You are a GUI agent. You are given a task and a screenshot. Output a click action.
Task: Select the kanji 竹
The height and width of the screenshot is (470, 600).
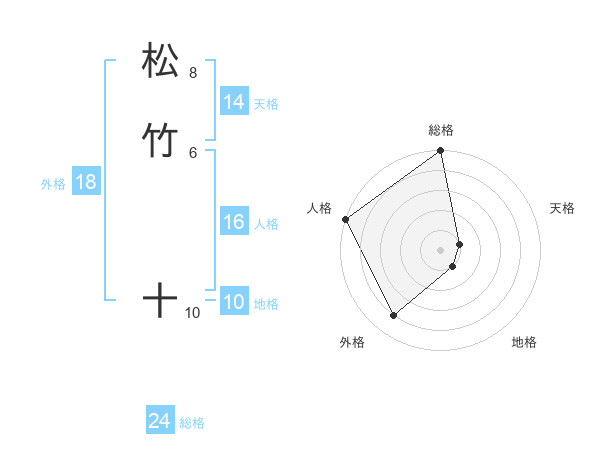160,138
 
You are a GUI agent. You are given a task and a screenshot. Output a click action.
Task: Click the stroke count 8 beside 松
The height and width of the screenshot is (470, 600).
193,72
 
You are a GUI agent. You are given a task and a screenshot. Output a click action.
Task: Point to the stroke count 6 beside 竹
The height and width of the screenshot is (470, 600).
193,152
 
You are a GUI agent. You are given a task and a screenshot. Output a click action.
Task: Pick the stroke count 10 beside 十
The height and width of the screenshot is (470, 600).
192,313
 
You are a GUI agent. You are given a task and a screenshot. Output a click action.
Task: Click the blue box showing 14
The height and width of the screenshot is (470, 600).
233,102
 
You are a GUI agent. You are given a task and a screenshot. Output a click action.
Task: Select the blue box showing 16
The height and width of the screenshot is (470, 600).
233,222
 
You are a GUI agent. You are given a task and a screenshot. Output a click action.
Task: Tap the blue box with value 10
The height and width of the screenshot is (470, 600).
233,302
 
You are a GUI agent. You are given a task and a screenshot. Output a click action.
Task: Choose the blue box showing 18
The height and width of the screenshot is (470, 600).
85,182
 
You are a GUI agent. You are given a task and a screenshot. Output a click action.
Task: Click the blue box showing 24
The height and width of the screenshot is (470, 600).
159,422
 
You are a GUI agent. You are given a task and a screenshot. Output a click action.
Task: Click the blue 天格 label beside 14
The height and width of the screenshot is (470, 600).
266,104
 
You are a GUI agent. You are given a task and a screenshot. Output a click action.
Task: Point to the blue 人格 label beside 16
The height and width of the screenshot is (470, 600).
266,224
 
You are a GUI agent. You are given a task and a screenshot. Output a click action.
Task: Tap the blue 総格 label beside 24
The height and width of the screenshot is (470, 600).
192,424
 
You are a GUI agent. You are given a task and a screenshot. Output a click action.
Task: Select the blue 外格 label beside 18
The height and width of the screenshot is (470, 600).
53,184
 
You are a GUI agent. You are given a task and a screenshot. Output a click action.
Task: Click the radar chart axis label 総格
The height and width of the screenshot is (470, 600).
441,130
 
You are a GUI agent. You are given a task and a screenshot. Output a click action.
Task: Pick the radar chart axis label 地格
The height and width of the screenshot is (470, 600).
524,342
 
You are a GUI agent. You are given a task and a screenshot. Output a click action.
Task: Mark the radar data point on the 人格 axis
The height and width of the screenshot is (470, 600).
345,219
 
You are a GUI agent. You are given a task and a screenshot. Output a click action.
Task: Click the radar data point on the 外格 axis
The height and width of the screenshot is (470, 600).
393,316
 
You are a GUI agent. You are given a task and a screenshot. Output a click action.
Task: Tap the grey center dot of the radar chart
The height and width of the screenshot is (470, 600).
441,249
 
